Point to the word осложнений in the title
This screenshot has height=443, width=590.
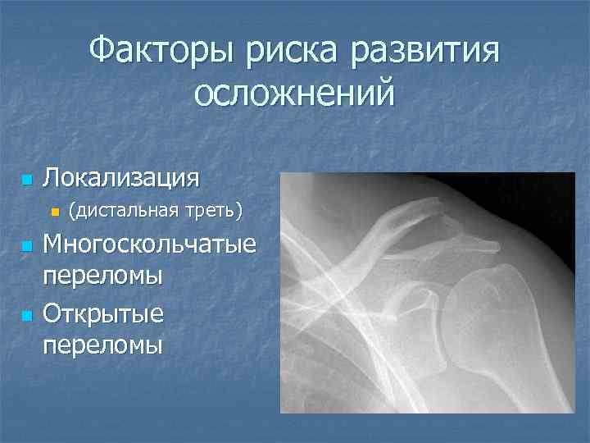pyautogui.click(x=294, y=94)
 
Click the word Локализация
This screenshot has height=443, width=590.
pyautogui.click(x=121, y=178)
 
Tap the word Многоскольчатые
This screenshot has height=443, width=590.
pyautogui.click(x=149, y=245)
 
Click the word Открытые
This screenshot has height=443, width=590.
pyautogui.click(x=103, y=313)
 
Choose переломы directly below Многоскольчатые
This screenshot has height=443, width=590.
pyautogui.click(x=102, y=276)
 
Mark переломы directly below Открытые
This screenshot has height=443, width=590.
pyautogui.click(x=102, y=345)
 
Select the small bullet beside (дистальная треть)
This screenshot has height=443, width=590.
pyautogui.click(x=55, y=212)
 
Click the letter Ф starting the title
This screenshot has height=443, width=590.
pyautogui.click(x=101, y=54)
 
